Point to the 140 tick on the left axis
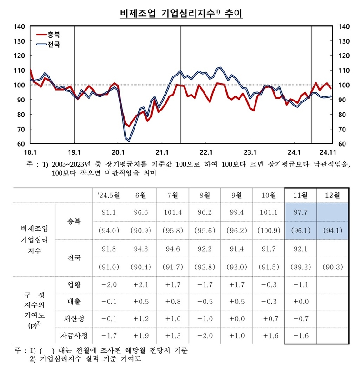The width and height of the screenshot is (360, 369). click(x=19, y=26)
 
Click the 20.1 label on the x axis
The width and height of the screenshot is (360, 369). click(x=118, y=152)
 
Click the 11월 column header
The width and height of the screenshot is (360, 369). click(x=300, y=196)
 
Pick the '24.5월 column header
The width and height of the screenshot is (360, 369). click(x=109, y=196)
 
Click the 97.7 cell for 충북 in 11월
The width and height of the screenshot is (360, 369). click(x=300, y=212)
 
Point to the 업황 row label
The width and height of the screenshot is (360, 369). click(x=73, y=285)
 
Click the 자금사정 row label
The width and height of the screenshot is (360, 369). click(x=73, y=336)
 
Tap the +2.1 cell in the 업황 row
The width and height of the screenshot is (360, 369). click(x=140, y=285)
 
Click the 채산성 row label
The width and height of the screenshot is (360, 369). click(x=73, y=319)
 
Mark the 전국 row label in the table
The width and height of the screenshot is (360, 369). click(x=73, y=258)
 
